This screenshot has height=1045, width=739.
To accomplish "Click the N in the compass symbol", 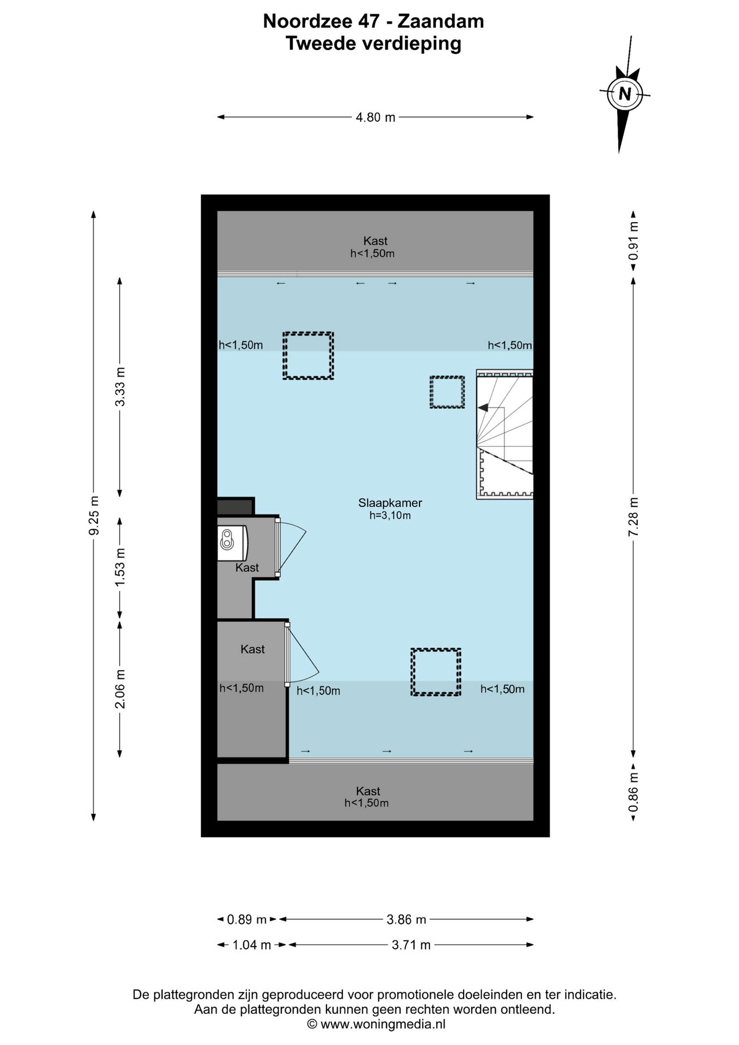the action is point(625,94).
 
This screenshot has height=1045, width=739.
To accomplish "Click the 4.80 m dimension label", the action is point(375,117).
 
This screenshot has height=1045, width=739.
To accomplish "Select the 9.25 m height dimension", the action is point(94,515).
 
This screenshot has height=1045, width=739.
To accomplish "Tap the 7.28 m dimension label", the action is point(633,517).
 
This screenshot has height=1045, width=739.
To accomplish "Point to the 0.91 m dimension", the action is point(633,241).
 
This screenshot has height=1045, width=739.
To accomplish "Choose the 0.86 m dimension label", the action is point(633,793).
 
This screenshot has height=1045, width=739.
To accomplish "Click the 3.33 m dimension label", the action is point(120,386).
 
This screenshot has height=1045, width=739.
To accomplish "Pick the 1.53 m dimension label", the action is point(120,567).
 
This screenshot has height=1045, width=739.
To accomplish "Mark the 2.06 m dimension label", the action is point(120,689).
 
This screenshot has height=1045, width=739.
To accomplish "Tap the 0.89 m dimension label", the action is point(247,919).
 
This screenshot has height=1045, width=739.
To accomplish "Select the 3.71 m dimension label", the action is point(411,945).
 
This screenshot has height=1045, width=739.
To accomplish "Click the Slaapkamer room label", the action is point(390,503).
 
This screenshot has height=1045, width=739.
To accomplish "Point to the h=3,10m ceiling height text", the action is point(390,515).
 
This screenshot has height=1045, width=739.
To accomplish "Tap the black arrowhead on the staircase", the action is point(483,408).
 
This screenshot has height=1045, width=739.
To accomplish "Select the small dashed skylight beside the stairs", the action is point(447,392).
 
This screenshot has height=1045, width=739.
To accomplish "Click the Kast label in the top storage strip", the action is point(375,241).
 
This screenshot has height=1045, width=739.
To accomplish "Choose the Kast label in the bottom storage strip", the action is point(368,791).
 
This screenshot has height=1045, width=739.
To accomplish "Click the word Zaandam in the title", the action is point(441,21).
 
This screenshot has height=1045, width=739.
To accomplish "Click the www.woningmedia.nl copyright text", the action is point(383,1024).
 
